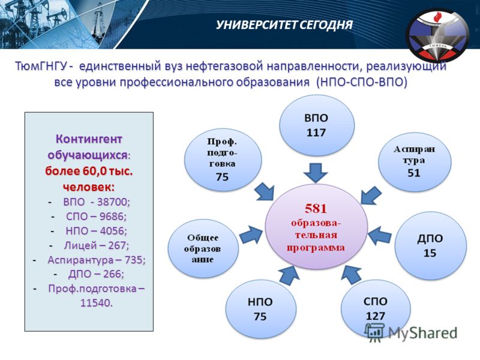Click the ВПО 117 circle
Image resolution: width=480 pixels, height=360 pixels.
click(x=317, y=125)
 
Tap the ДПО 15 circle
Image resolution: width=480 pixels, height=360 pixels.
click(x=430, y=245)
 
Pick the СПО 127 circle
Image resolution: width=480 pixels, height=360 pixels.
click(x=376, y=308)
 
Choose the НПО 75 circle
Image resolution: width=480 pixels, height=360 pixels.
click(x=261, y=308)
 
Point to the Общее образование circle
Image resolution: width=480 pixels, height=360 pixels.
click(x=203, y=248)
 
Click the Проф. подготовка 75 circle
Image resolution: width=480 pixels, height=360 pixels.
click(x=223, y=160)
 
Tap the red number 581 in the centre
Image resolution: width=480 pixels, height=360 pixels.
click(x=316, y=209)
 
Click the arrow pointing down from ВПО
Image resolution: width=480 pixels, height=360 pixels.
click(x=316, y=173)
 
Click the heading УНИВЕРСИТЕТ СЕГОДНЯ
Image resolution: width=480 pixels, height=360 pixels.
click(x=284, y=25)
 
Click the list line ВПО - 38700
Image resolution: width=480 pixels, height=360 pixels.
click(x=97, y=202)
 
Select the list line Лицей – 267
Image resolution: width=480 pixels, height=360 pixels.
click(x=97, y=245)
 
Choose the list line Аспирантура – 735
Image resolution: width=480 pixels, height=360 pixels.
click(x=97, y=260)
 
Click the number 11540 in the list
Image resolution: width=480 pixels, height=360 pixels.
click(x=97, y=303)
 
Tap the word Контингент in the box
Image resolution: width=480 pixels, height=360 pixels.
click(x=89, y=139)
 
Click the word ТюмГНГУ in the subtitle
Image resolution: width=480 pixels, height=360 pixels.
click(x=41, y=66)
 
